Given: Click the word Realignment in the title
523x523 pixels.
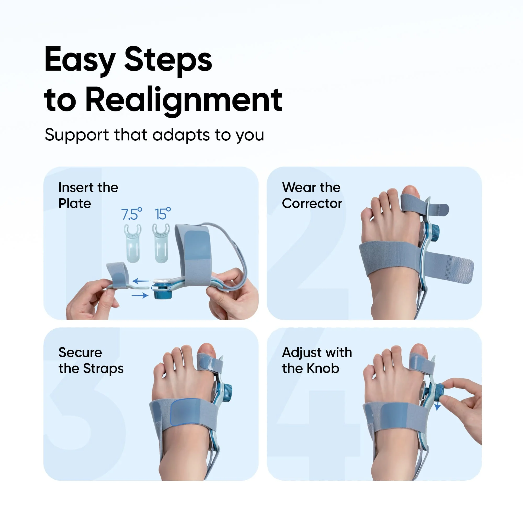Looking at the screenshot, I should click(x=184, y=100).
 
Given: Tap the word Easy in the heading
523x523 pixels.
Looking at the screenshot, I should click(x=80, y=60).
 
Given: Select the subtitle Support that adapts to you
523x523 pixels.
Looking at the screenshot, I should click(x=154, y=135).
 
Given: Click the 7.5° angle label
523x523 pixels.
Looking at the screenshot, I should click(x=131, y=214).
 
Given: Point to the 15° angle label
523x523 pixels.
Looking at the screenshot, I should click(x=162, y=214).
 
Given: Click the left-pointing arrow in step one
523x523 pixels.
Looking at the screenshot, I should click(x=141, y=281).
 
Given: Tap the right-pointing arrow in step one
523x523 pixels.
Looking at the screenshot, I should click(x=140, y=295).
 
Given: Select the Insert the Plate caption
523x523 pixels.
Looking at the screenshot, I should click(x=88, y=195).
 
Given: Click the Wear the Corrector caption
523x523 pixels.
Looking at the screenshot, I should click(x=312, y=195).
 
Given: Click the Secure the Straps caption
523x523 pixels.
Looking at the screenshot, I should click(x=91, y=360).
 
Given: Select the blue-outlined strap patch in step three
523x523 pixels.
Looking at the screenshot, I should click(x=187, y=411).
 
